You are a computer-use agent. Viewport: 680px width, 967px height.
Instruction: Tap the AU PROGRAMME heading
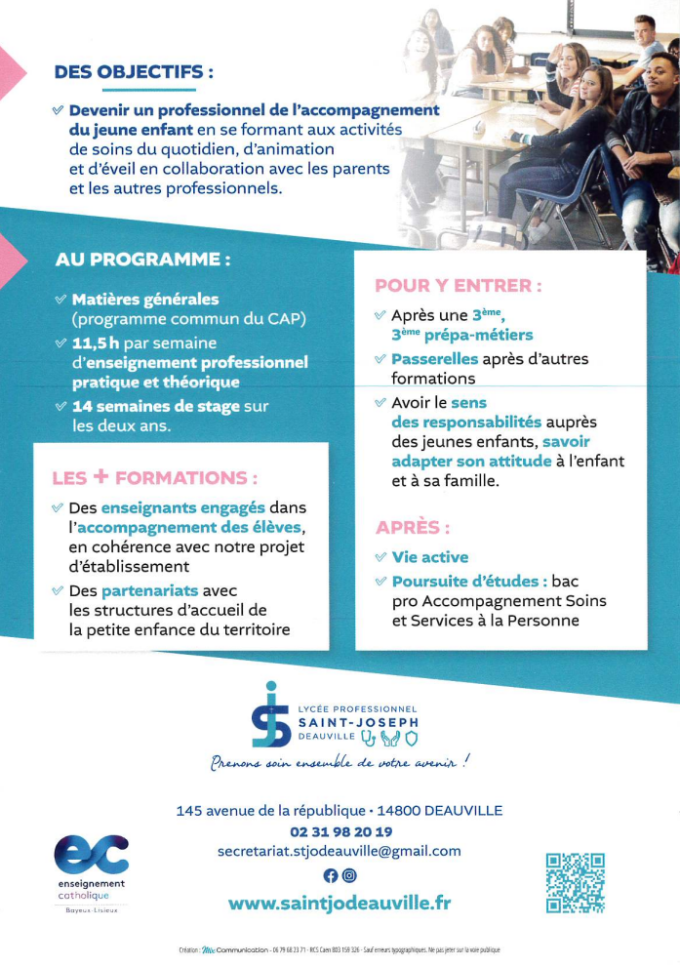pos(143,261)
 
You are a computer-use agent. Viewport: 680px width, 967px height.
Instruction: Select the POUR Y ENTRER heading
pos(459,286)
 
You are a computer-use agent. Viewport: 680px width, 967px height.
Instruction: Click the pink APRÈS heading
pos(413,528)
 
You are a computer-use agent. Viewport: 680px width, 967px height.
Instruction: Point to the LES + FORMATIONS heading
pos(155,477)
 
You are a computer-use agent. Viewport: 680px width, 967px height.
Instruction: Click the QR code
pos(576,883)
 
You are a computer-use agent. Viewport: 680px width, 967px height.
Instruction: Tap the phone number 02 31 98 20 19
pos(340,831)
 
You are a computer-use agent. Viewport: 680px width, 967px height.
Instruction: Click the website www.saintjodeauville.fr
pos(340,903)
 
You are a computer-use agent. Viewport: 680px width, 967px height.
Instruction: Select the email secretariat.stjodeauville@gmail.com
pos(340,851)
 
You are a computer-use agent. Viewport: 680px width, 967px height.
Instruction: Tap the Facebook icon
pos(330,875)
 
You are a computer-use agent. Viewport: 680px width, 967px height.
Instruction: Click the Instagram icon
pos(349,875)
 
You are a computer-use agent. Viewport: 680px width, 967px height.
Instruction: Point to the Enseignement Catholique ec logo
pos(91,856)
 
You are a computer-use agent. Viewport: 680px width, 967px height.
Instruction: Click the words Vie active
pos(429,557)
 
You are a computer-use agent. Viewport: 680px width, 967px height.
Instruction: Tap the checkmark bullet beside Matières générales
pos(60,300)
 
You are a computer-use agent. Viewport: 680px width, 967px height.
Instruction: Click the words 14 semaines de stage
pos(151,406)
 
